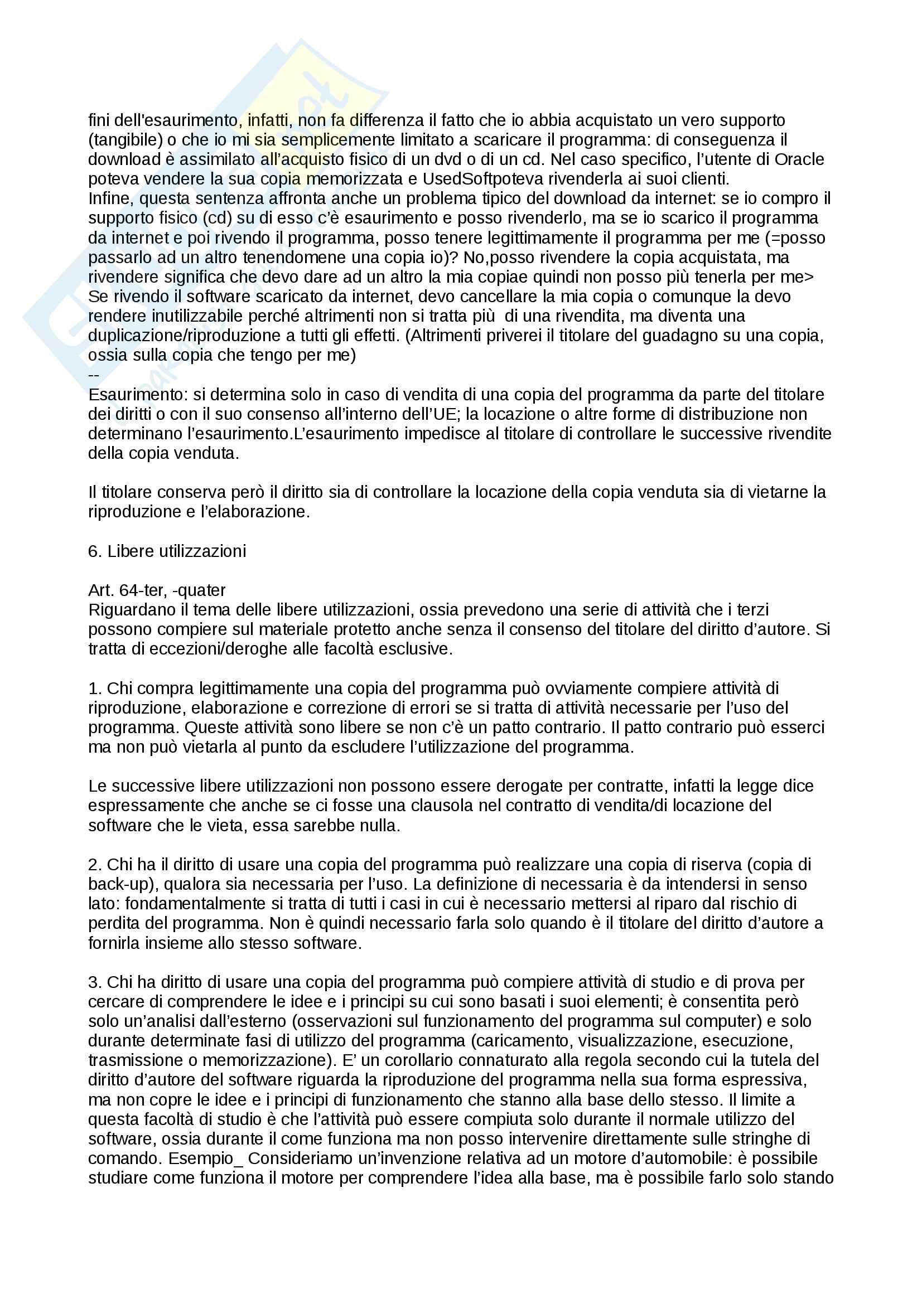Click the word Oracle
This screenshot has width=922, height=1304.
799,159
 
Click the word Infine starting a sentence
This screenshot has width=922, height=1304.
112,199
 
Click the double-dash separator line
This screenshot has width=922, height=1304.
94,375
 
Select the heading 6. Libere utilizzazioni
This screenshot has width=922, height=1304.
167,551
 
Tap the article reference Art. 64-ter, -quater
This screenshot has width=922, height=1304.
157,590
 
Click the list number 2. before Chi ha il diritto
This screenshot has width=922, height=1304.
95,865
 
